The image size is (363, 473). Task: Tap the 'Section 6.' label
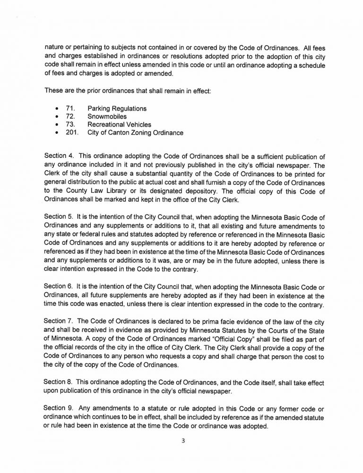[x=57, y=275]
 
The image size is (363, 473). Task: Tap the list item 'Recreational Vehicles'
[x=120, y=125]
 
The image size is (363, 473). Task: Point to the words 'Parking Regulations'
[x=117, y=109]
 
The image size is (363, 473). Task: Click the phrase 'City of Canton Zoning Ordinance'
[x=136, y=133]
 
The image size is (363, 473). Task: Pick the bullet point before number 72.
[x=57, y=117]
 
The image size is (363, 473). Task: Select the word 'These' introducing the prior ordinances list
[x=53, y=90]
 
